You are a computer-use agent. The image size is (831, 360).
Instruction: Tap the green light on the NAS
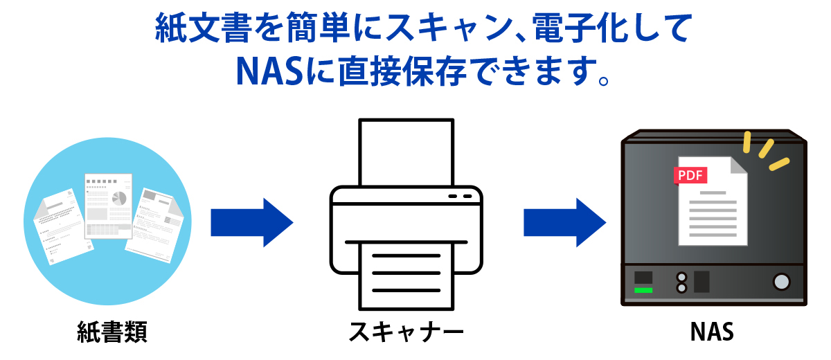(643, 290)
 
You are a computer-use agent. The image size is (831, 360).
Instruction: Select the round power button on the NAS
(782, 281)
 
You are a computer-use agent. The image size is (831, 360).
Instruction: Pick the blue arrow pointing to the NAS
(564, 222)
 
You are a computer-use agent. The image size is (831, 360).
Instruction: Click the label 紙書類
(111, 332)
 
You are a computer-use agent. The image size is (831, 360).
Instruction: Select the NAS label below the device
(712, 332)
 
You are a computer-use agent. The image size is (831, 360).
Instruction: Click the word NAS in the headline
(269, 70)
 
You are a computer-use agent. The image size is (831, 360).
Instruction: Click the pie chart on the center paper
(119, 197)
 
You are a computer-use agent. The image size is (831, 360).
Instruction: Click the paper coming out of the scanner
(406, 273)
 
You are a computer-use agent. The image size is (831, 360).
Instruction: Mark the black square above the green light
(643, 277)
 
